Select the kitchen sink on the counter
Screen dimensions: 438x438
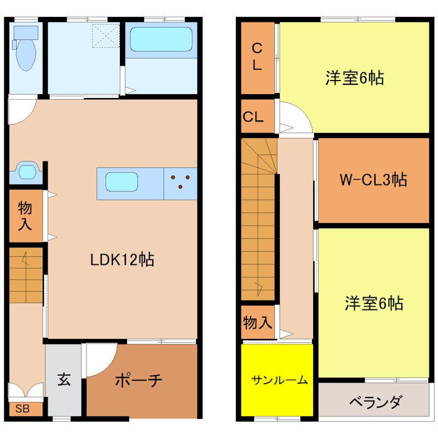point(121,182)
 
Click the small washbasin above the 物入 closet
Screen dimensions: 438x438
point(25,171)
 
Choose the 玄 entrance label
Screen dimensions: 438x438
point(64,379)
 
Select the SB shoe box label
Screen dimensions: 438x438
point(22,408)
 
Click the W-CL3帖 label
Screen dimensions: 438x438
point(373,179)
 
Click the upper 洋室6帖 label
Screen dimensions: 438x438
point(354,78)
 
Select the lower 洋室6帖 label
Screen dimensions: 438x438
point(374,303)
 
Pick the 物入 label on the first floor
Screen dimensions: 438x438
point(25,216)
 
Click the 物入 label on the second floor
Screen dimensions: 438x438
point(257,323)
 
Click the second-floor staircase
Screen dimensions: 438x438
point(259,219)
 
